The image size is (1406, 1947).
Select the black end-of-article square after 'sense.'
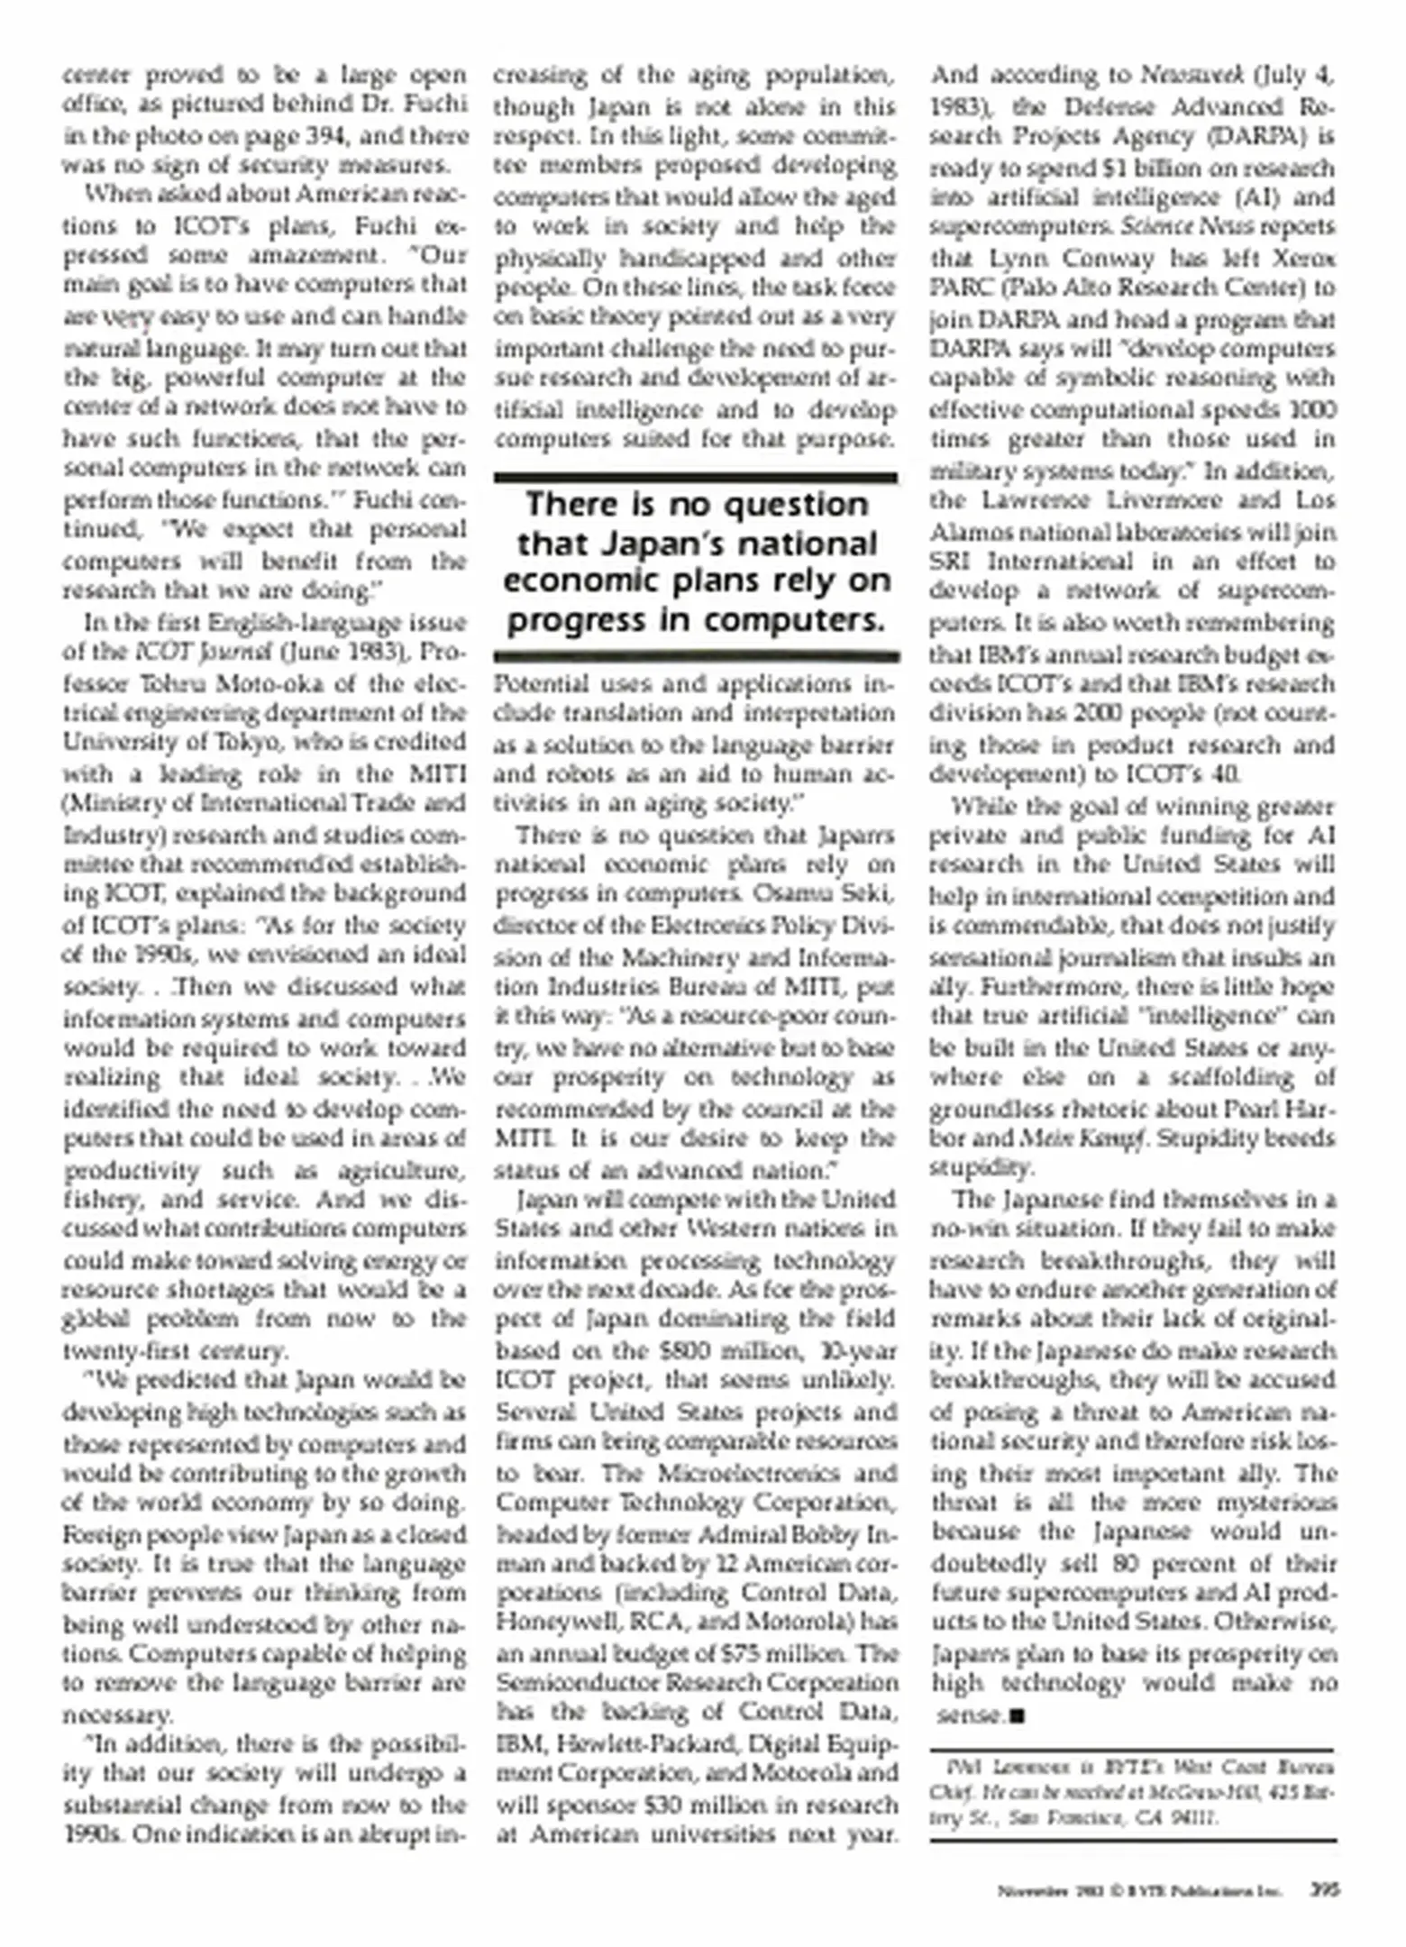1018,1714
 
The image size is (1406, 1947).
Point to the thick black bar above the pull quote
695,478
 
